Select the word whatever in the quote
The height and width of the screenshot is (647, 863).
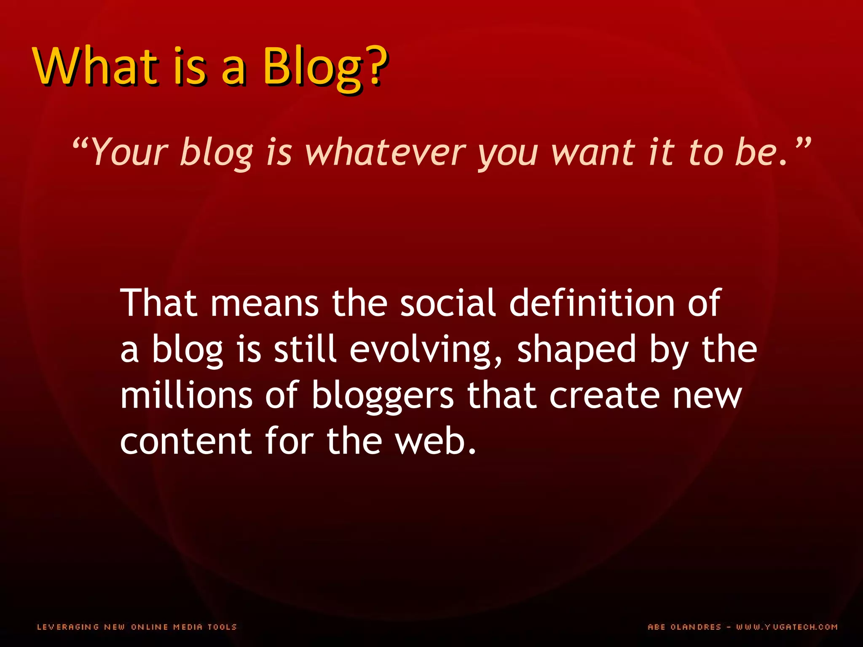click(x=385, y=152)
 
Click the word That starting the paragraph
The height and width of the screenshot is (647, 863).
click(x=158, y=303)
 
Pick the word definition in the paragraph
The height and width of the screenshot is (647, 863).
click(x=592, y=303)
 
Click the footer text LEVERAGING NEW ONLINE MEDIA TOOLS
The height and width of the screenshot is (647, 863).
click(x=137, y=627)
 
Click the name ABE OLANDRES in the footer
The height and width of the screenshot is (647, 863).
click(x=684, y=627)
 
